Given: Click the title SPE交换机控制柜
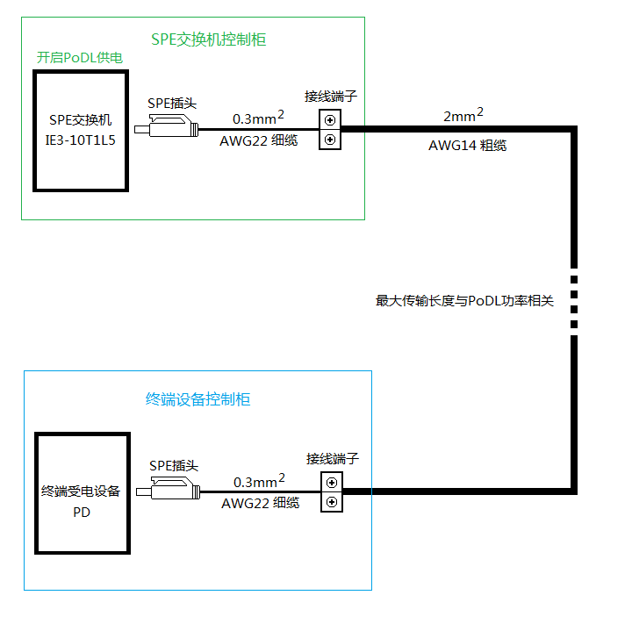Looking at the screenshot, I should [209, 39].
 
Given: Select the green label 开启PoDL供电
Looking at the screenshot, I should [79, 58].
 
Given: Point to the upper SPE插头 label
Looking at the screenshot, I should [172, 103].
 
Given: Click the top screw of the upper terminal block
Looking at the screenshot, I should [330, 120].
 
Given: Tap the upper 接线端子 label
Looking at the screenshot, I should [331, 96].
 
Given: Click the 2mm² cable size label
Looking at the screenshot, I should [463, 115].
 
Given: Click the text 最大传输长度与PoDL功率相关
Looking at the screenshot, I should [465, 300].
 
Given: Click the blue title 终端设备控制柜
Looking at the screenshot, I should [197, 399].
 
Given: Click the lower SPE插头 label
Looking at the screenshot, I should [174, 465].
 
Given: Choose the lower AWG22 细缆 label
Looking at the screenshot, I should [260, 503].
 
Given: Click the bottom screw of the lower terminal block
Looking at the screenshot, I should [332, 501].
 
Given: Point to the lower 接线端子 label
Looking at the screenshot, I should [333, 459].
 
